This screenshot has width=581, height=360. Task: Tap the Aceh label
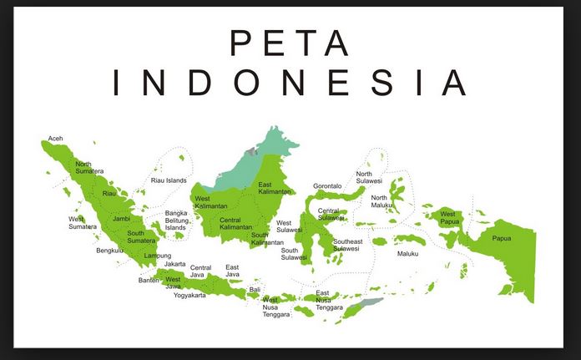56,138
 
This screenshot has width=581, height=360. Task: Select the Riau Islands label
169,180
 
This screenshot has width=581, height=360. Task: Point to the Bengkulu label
110,250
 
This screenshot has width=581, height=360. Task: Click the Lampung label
157,256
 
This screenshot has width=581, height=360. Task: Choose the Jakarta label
175,264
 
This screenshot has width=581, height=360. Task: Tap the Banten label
149,280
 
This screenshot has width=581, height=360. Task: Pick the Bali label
255,289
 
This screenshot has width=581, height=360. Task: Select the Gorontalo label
327,185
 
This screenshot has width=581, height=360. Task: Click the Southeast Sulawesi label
347,245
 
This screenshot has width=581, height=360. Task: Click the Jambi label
122,218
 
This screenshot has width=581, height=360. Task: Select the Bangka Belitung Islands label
176,220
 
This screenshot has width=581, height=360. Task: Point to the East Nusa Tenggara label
329,301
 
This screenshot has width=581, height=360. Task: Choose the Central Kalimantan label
235,223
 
